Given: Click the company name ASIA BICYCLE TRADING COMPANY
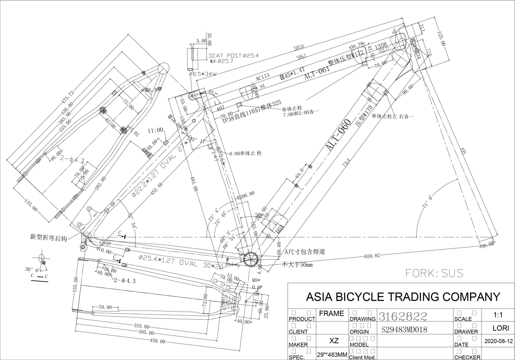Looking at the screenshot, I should [402, 296].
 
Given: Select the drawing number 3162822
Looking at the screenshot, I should [402, 317].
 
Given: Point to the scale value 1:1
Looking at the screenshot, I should [498, 315].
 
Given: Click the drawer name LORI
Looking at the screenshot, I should [498, 329].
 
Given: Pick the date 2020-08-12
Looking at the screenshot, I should [498, 342].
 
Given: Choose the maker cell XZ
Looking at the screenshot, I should [334, 341].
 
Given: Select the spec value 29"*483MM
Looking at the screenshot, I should [332, 355].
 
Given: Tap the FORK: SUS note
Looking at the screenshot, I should [434, 273].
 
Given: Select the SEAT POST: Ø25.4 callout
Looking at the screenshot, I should [234, 56].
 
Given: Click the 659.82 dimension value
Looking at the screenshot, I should [372, 256].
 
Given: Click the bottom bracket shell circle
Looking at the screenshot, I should [250, 260].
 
